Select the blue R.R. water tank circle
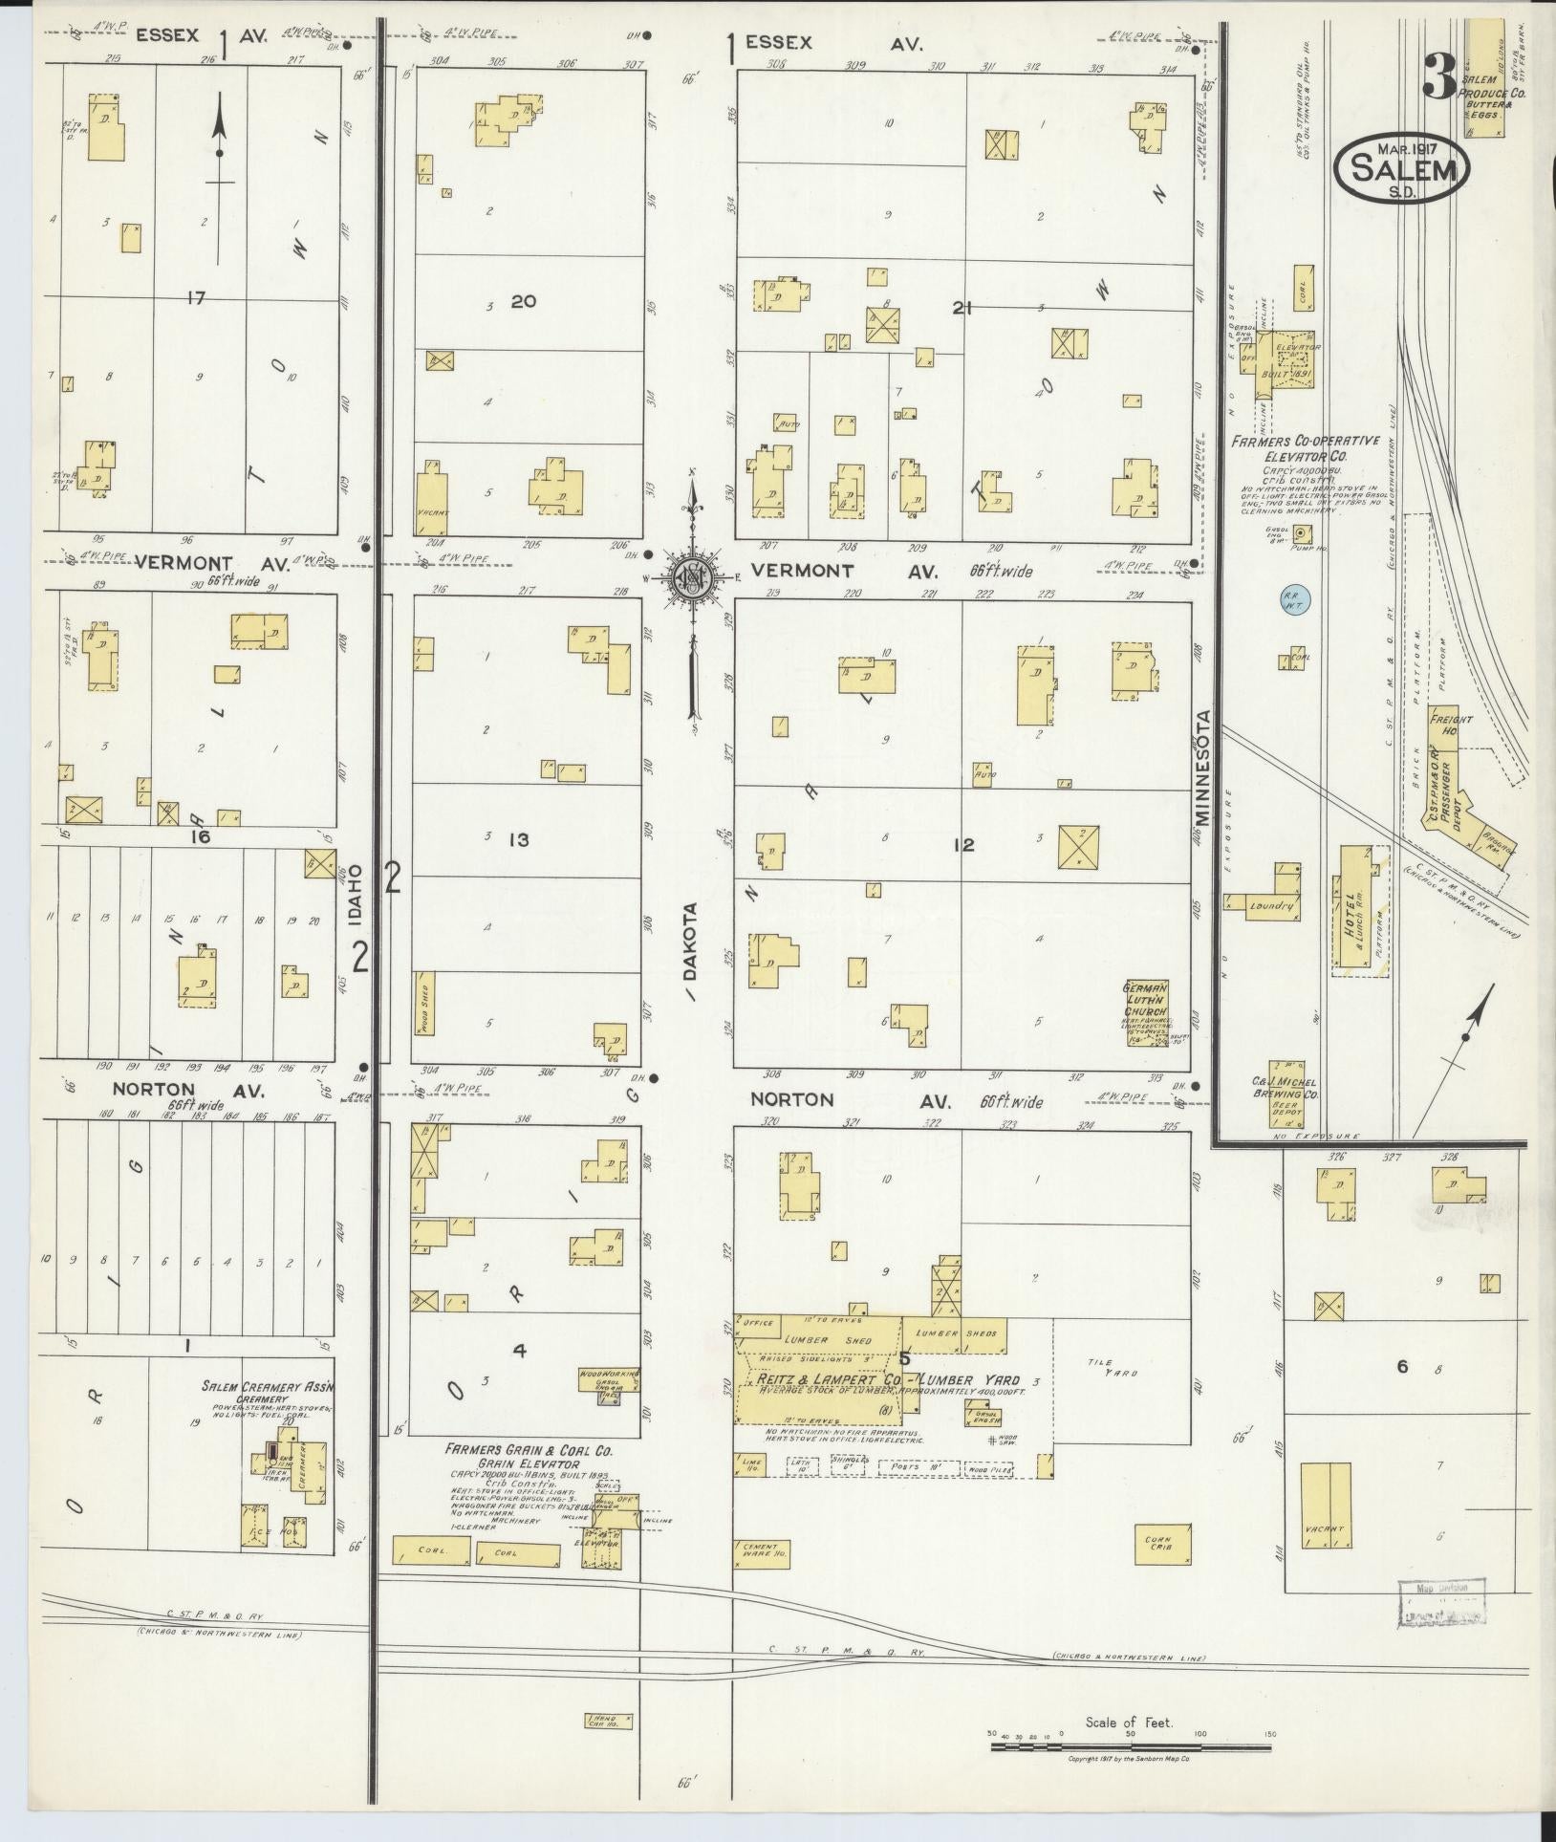point(1297,600)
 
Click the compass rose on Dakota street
point(691,580)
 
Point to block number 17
point(196,299)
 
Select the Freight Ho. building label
point(1451,725)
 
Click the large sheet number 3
point(1437,76)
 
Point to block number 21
point(962,307)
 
